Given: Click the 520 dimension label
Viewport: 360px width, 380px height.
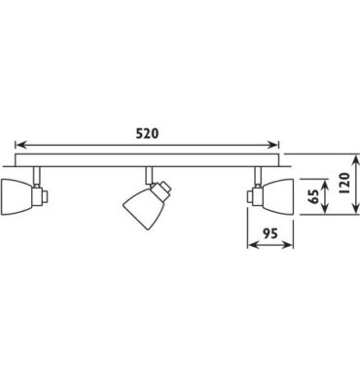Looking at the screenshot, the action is [x=147, y=133].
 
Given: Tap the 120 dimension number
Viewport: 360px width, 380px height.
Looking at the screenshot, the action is [x=344, y=184].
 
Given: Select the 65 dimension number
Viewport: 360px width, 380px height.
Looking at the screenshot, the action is [x=313, y=196].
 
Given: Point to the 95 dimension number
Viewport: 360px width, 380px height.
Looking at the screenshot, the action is [x=270, y=233].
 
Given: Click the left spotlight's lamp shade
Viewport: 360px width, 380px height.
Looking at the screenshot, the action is [x=17, y=196].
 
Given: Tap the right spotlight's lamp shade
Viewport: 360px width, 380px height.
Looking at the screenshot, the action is [x=278, y=196].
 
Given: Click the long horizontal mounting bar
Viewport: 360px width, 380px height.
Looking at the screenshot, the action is [x=147, y=160].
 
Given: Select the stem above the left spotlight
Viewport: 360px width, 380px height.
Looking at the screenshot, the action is [x=37, y=176].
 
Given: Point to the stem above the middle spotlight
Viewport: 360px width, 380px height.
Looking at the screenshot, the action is [x=149, y=176].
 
